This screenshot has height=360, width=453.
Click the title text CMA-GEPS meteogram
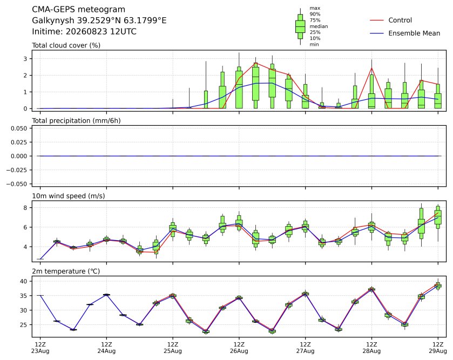(79, 10)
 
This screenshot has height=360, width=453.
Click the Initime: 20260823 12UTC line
(84, 31)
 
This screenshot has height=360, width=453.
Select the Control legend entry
(391, 20)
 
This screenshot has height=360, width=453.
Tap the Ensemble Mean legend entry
(405, 33)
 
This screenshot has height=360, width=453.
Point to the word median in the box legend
(319, 26)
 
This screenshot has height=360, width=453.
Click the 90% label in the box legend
(315, 14)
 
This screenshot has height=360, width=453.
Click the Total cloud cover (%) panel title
(66, 45)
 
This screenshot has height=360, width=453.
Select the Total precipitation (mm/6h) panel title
(76, 121)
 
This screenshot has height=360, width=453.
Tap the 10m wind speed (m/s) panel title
(69, 196)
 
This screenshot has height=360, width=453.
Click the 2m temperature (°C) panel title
(66, 271)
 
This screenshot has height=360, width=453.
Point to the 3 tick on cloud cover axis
(25, 59)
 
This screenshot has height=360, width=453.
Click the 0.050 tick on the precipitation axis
(19, 128)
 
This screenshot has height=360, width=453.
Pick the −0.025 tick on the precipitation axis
(17, 170)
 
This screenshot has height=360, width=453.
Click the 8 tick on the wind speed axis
(25, 208)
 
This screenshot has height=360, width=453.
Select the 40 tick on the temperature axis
(23, 281)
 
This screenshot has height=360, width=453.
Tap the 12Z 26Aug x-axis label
(239, 348)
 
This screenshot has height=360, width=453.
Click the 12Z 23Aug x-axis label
(40, 348)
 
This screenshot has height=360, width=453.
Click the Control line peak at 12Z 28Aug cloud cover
(371, 68)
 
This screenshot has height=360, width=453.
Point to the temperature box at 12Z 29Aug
(438, 286)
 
